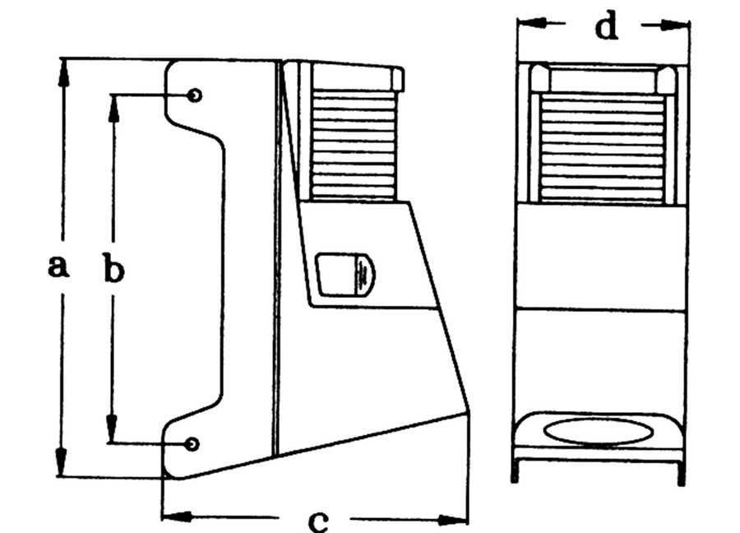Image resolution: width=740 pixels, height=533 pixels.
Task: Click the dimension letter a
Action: pyautogui.click(x=58, y=266)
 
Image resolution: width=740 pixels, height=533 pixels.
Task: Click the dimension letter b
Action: pyautogui.click(x=113, y=267)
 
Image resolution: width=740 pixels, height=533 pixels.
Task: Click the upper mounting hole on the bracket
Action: pyautogui.click(x=194, y=95)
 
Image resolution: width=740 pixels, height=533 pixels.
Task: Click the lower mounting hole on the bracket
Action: pyautogui.click(x=192, y=444)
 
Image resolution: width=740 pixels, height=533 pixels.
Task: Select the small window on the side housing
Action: pyautogui.click(x=345, y=276)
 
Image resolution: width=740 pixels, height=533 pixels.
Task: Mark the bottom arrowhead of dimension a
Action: pyautogui.click(x=61, y=461)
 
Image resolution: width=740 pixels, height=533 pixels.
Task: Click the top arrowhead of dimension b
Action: pyautogui.click(x=113, y=108)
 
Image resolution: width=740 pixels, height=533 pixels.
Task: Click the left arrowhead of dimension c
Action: pyautogui.click(x=177, y=516)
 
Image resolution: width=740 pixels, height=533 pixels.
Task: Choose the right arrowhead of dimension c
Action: pyautogui.click(x=453, y=521)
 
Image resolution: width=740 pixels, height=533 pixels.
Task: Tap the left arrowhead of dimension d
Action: pyautogui.click(x=532, y=22)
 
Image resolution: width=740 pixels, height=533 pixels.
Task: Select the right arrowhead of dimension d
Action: pyautogui.click(x=675, y=25)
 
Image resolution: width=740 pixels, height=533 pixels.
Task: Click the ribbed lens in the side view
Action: pyautogui.click(x=354, y=144)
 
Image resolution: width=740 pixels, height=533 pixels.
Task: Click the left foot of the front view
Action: pyautogui.click(x=515, y=470)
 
